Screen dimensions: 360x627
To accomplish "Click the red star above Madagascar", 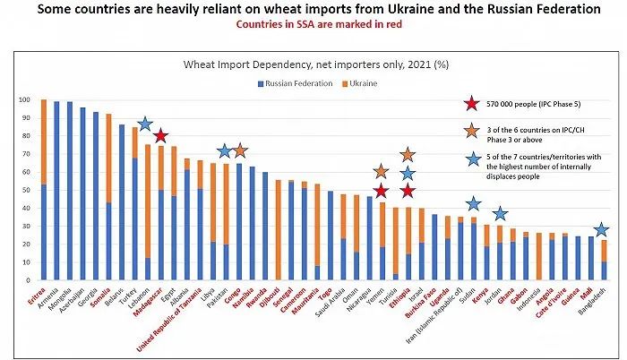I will (160, 136).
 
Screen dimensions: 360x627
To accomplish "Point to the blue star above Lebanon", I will (145, 124).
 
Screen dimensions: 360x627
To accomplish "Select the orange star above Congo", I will (239, 150).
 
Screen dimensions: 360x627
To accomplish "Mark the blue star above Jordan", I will (500, 214).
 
